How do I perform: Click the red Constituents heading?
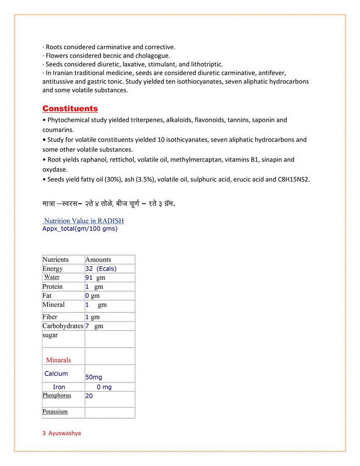(x=70, y=109)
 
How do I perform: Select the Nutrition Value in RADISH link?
(x=84, y=221)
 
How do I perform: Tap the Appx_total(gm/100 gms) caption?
(x=80, y=229)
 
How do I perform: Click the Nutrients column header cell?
(x=56, y=259)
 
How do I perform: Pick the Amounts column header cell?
(x=98, y=259)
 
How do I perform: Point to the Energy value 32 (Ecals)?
(x=101, y=268)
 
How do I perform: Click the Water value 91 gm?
(x=95, y=278)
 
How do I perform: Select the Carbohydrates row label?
(x=63, y=326)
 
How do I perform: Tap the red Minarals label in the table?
(x=58, y=360)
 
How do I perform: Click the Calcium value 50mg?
(x=94, y=377)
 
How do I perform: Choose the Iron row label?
(x=59, y=387)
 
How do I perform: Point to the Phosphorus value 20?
(x=89, y=396)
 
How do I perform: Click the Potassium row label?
(x=55, y=412)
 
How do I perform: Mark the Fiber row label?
(x=50, y=317)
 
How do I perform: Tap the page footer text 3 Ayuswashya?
(x=62, y=433)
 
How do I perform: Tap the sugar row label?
(x=50, y=335)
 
